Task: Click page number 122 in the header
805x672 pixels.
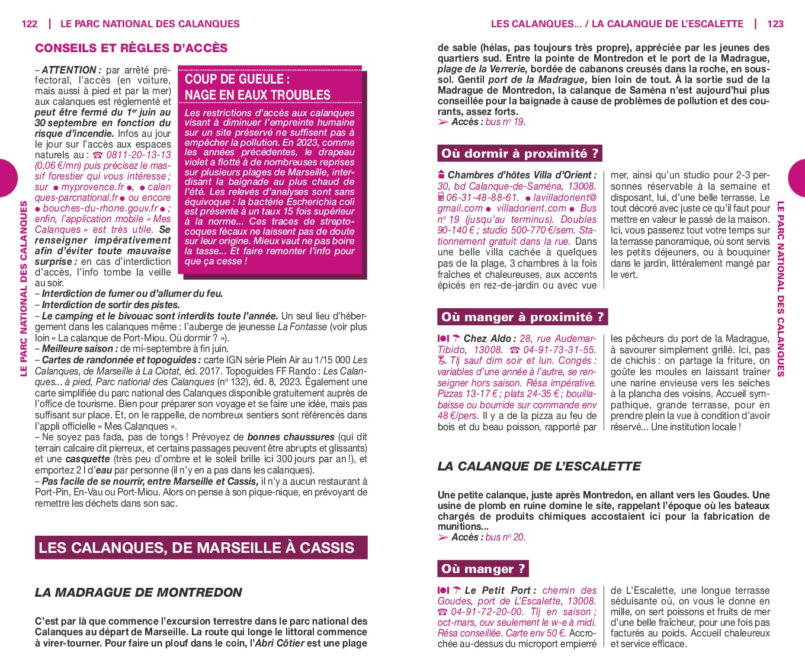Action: (29, 24)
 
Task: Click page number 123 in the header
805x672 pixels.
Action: (775, 24)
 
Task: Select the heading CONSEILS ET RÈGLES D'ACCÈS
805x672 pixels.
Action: (131, 48)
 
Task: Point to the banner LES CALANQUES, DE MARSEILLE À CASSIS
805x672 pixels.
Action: (196, 548)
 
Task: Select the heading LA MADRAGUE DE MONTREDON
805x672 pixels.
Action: (139, 592)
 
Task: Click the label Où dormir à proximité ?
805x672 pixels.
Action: (519, 153)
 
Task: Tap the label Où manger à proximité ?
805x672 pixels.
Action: (522, 317)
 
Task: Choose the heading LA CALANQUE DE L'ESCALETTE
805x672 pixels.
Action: (539, 466)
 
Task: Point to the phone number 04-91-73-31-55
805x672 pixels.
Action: (559, 350)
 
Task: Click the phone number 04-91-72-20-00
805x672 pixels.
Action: (487, 612)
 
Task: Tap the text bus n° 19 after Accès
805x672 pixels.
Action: (505, 122)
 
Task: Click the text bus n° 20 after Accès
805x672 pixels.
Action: (505, 537)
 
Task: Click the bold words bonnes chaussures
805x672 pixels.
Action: (290, 437)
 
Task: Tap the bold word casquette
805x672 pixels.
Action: (87, 459)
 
